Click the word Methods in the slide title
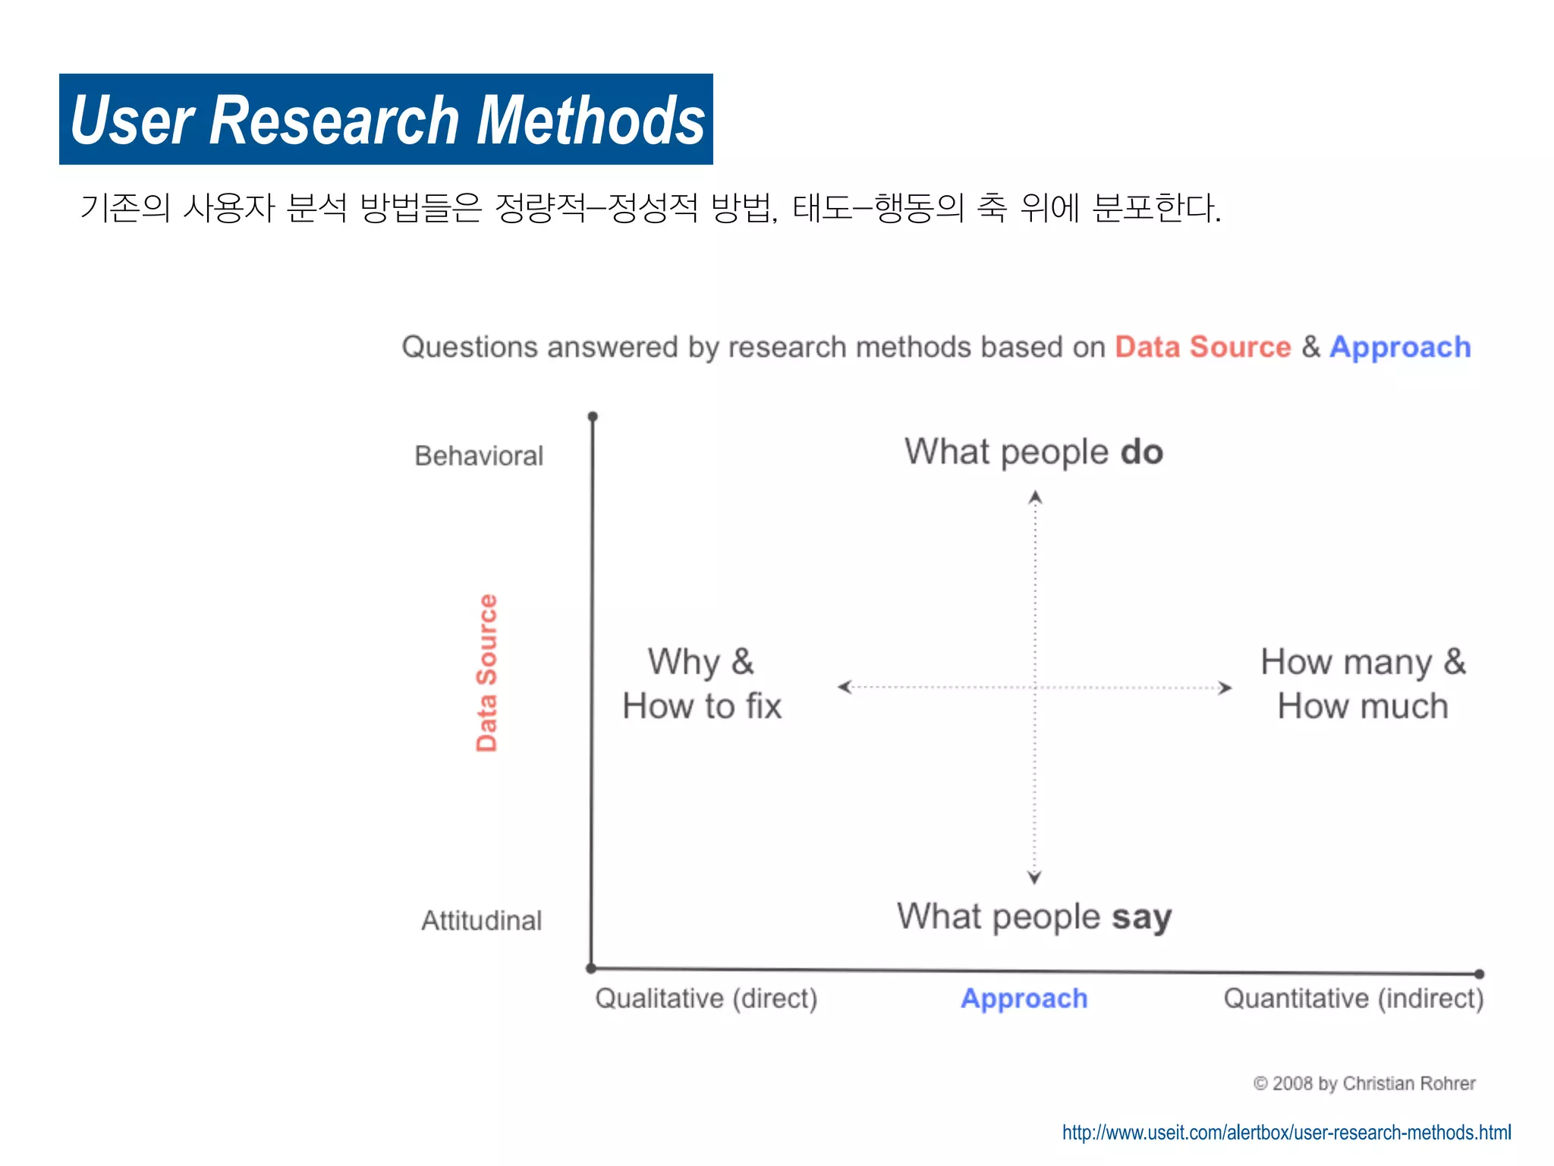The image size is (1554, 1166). point(591,121)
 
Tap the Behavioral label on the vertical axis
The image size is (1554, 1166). point(479,455)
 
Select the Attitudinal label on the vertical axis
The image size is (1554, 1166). point(481,920)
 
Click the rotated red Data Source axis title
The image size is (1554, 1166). point(486,673)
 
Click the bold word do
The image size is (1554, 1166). point(1141,452)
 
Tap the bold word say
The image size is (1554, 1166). point(1141,917)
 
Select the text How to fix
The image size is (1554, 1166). point(702,706)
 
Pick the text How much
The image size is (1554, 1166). point(1363,706)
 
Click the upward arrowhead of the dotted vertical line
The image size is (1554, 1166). point(1035,497)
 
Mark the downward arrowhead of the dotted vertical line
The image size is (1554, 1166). point(1034,878)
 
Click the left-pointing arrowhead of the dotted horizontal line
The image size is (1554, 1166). point(844,687)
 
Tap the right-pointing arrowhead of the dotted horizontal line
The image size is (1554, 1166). point(1225,688)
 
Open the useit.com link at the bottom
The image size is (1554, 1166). point(1286,1132)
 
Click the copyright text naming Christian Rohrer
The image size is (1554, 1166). point(1364,1083)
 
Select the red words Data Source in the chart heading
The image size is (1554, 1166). point(1202,347)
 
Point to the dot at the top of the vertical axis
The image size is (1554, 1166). point(593,416)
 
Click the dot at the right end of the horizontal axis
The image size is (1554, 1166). point(1479,973)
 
